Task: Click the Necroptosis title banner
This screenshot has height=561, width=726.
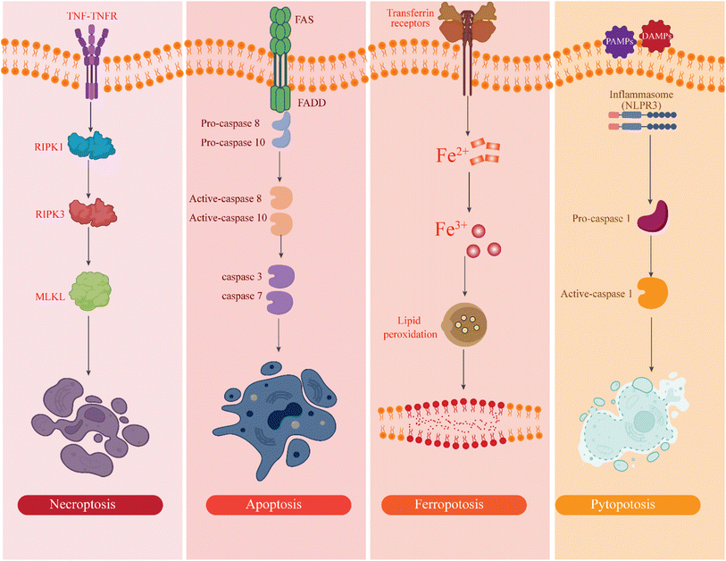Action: click(x=90, y=505)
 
